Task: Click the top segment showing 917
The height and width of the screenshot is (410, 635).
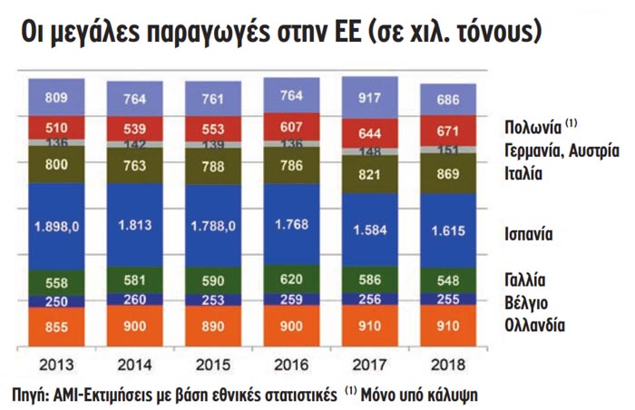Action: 368,97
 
